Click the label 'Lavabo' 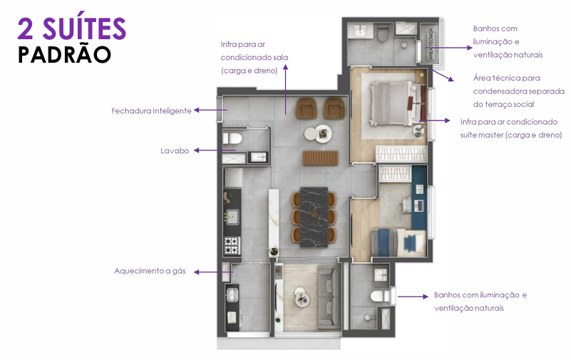coord(175,150)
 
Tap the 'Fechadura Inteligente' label coord(152,110)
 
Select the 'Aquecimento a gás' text coord(150,271)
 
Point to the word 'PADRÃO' coord(64,55)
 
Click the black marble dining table coord(314,217)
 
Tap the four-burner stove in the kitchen coord(232,245)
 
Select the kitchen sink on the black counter coord(232,217)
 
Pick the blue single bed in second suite coord(398,242)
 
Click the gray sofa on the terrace coord(329,297)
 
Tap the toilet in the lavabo coord(232,138)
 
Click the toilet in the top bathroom coord(384,34)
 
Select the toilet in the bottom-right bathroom coord(379,296)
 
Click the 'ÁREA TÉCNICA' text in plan coord(431,43)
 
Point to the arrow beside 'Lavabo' coord(215,150)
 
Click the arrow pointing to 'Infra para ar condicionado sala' coord(285,90)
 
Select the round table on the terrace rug coord(302,298)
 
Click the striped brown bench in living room coord(320,158)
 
